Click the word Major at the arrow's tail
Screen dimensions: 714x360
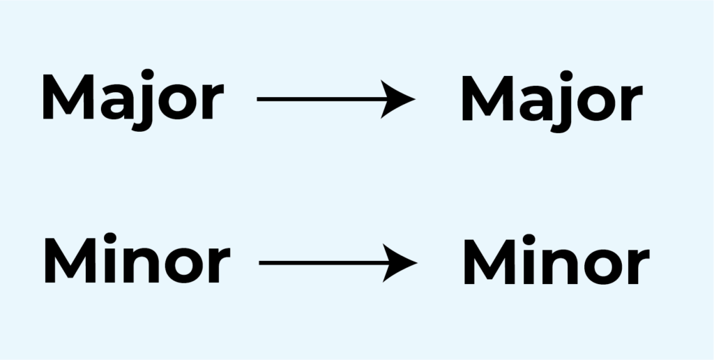coord(133,100)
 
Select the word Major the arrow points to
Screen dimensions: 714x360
coord(552,101)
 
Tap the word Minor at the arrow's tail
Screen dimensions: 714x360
coord(137,258)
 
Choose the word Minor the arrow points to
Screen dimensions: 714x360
coord(556,260)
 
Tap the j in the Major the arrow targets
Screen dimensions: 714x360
coord(563,102)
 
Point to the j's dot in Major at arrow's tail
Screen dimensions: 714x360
coord(147,75)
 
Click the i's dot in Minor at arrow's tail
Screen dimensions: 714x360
coord(111,239)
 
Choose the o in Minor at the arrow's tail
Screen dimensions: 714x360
coord(183,265)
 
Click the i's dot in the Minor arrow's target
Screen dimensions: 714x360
coord(529,240)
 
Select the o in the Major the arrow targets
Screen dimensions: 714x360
coord(597,103)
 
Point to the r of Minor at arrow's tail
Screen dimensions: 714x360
coord(219,264)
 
